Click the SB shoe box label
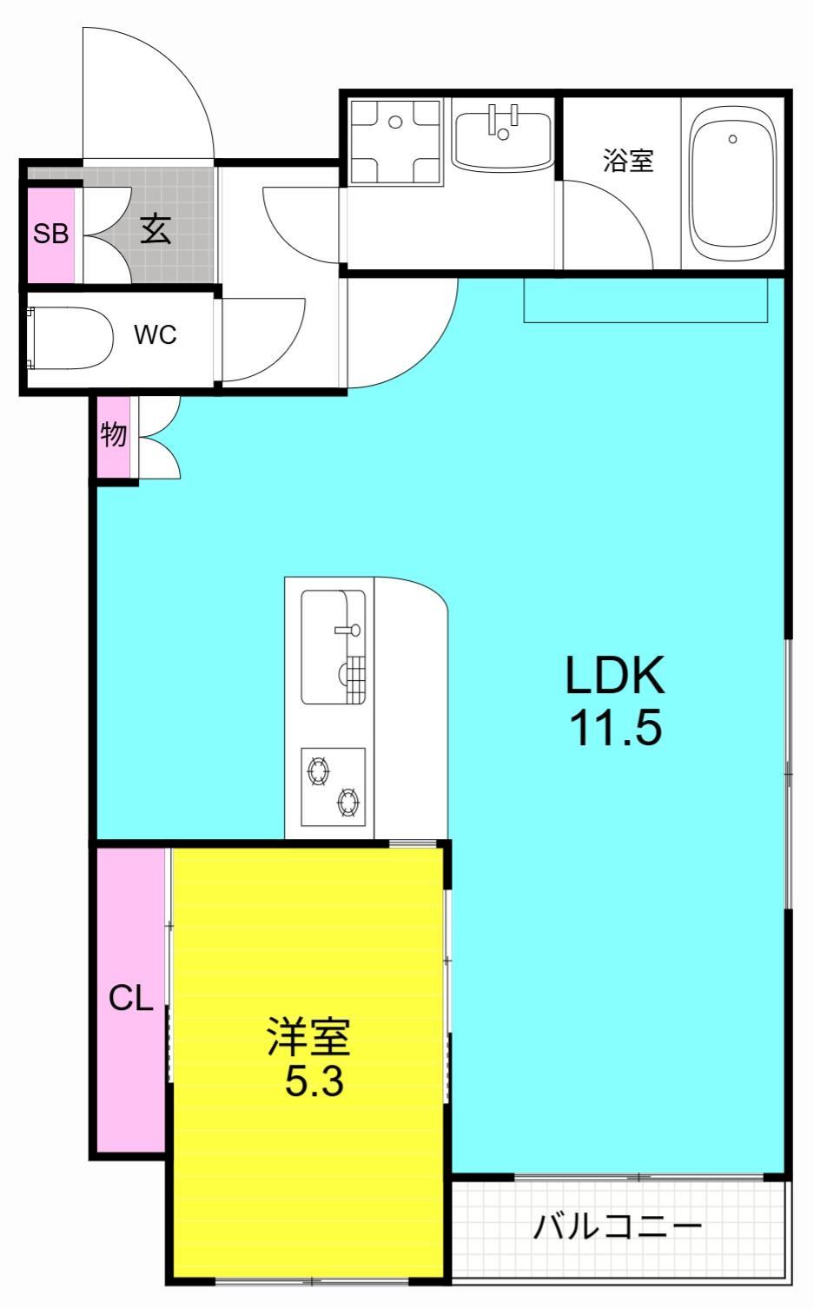click(50, 233)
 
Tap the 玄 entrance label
click(156, 229)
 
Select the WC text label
click(156, 334)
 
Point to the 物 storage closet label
click(114, 434)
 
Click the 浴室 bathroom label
click(628, 160)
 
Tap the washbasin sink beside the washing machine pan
click(503, 135)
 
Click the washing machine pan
click(395, 141)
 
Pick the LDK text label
click(614, 676)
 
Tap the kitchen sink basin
click(333, 647)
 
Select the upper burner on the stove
click(317, 770)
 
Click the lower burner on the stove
click(348, 803)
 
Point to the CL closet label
click(130, 999)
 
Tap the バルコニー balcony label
click(616, 1227)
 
